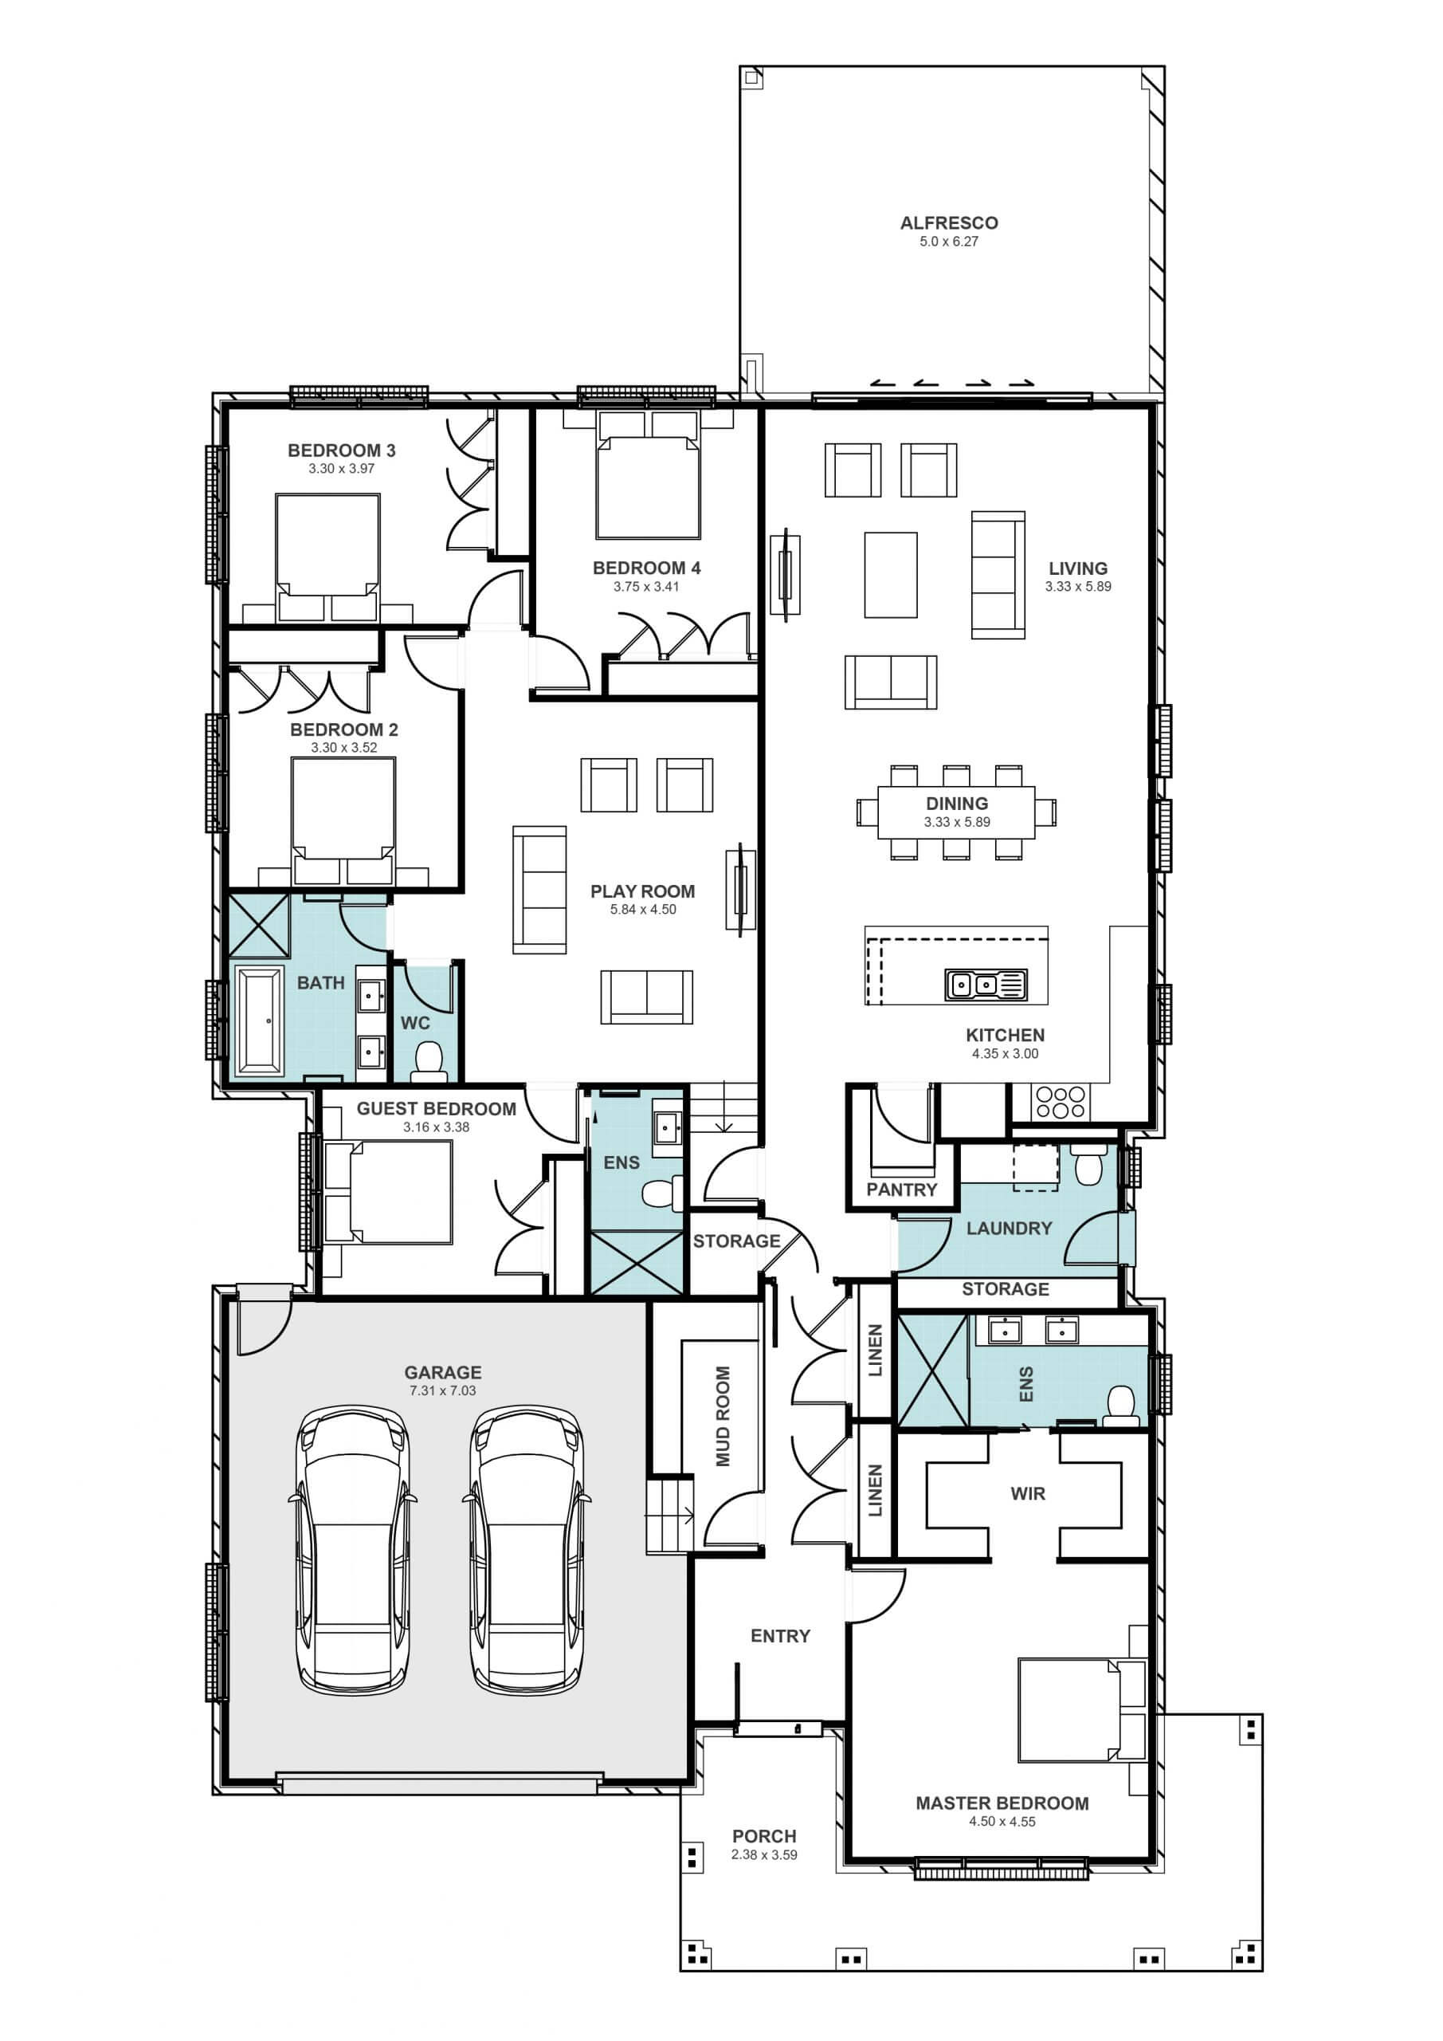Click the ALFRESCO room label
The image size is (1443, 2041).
(949, 223)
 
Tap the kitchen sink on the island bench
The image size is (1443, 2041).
(986, 985)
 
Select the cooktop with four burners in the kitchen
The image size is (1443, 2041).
(1060, 1103)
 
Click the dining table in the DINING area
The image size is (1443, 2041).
(956, 812)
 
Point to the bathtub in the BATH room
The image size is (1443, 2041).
(259, 1021)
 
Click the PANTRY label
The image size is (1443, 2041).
(902, 1190)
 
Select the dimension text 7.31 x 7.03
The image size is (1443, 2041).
(442, 1390)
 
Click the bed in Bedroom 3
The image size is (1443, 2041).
(327, 558)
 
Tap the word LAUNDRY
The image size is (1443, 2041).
(1009, 1228)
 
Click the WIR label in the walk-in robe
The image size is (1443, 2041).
(1028, 1493)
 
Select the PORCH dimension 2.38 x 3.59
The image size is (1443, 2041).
(764, 1855)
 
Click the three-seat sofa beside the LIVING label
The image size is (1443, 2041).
(998, 575)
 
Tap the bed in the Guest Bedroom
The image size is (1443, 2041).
(388, 1192)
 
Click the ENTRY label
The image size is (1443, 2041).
(780, 1636)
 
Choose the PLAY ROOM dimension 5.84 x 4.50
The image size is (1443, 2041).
(643, 910)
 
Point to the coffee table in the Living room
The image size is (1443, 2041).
(890, 574)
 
